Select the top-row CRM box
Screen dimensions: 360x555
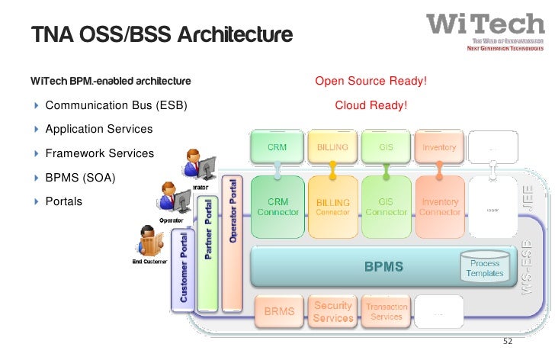click(276, 147)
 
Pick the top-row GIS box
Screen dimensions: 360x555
click(386, 147)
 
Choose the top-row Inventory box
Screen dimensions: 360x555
click(439, 147)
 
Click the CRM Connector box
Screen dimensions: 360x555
click(277, 207)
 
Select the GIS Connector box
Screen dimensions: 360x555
click(386, 207)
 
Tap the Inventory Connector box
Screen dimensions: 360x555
click(439, 207)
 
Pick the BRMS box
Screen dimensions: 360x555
click(279, 311)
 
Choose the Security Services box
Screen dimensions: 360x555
click(333, 311)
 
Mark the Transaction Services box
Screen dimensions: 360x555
click(387, 311)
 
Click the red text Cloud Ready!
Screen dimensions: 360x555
click(371, 105)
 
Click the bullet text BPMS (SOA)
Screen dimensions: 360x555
click(82, 178)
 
